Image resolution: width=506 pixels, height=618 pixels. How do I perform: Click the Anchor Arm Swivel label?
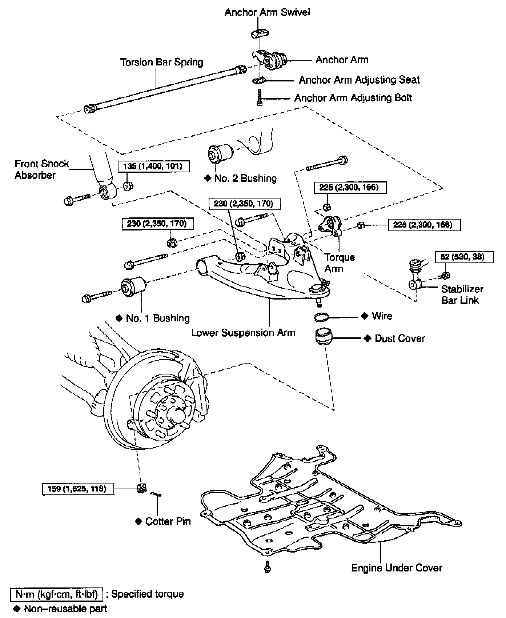coord(267,12)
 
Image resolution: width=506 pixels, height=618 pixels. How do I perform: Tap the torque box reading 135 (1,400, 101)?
coord(154,166)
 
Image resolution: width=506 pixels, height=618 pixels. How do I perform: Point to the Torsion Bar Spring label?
coord(161,62)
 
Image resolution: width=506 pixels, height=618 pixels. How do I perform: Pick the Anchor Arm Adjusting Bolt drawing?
coord(260,98)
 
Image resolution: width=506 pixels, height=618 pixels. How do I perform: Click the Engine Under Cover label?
coord(396,567)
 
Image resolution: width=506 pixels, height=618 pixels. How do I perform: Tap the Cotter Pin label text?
coord(168,521)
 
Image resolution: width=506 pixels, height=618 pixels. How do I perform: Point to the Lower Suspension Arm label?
coord(243,332)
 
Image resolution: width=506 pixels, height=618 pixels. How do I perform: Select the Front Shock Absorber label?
coord(41,169)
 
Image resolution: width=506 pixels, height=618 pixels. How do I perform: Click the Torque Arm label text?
coord(340,263)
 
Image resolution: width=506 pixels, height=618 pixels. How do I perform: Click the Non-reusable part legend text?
coord(65,609)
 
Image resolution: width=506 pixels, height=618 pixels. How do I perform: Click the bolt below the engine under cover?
coord(268,567)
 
